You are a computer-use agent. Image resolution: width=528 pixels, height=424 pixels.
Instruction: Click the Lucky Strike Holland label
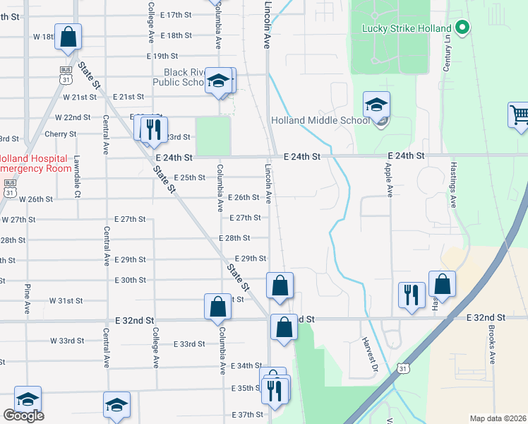pyautogui.click(x=406, y=28)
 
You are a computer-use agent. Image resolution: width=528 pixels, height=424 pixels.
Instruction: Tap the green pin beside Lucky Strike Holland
pyautogui.click(x=462, y=28)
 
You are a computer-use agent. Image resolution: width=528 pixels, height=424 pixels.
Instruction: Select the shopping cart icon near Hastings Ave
pyautogui.click(x=520, y=114)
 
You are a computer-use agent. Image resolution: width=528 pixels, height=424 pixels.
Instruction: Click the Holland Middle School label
pyautogui.click(x=320, y=120)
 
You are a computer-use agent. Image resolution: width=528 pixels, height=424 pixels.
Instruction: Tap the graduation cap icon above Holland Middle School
pyautogui.click(x=376, y=105)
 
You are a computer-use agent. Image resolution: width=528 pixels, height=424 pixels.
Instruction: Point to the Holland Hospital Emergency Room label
pyautogui.click(x=34, y=163)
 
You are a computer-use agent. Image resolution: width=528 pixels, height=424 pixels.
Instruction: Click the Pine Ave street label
pyautogui.click(x=28, y=299)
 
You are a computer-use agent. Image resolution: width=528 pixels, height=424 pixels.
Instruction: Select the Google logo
pyautogui.click(x=23, y=416)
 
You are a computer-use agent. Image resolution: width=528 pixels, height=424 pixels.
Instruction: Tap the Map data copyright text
pyautogui.click(x=497, y=418)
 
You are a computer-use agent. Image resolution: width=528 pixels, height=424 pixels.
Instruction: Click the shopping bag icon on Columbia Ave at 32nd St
pyautogui.click(x=218, y=307)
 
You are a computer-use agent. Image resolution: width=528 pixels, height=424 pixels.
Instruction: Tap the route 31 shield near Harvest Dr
pyautogui.click(x=402, y=368)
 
